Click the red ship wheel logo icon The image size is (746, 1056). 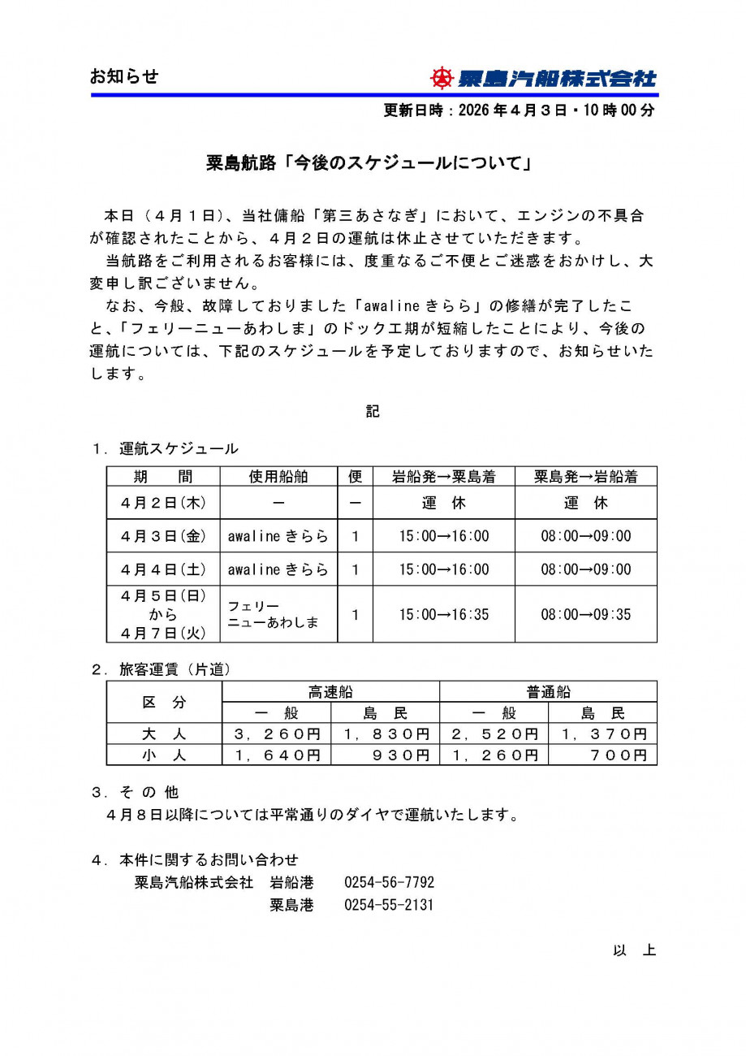tap(442, 78)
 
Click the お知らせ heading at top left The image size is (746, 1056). tap(123, 77)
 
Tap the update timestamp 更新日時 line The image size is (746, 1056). tap(519, 111)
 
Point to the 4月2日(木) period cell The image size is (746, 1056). tap(163, 503)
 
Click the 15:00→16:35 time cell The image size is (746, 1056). tap(443, 614)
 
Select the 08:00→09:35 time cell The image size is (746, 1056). tap(585, 614)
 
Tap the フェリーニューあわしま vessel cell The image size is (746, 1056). tap(273, 615)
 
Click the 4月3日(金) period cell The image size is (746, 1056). tap(163, 536)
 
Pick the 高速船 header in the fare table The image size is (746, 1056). tap(330, 692)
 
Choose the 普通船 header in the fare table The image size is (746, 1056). tap(548, 692)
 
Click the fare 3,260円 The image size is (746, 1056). tap(277, 734)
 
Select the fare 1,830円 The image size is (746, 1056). tap(386, 734)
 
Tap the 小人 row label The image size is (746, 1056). tap(164, 755)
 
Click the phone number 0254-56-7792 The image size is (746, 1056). tap(389, 882)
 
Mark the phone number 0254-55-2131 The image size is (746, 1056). tap(389, 905)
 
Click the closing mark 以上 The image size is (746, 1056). tap(634, 950)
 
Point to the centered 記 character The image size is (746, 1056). tap(373, 412)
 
